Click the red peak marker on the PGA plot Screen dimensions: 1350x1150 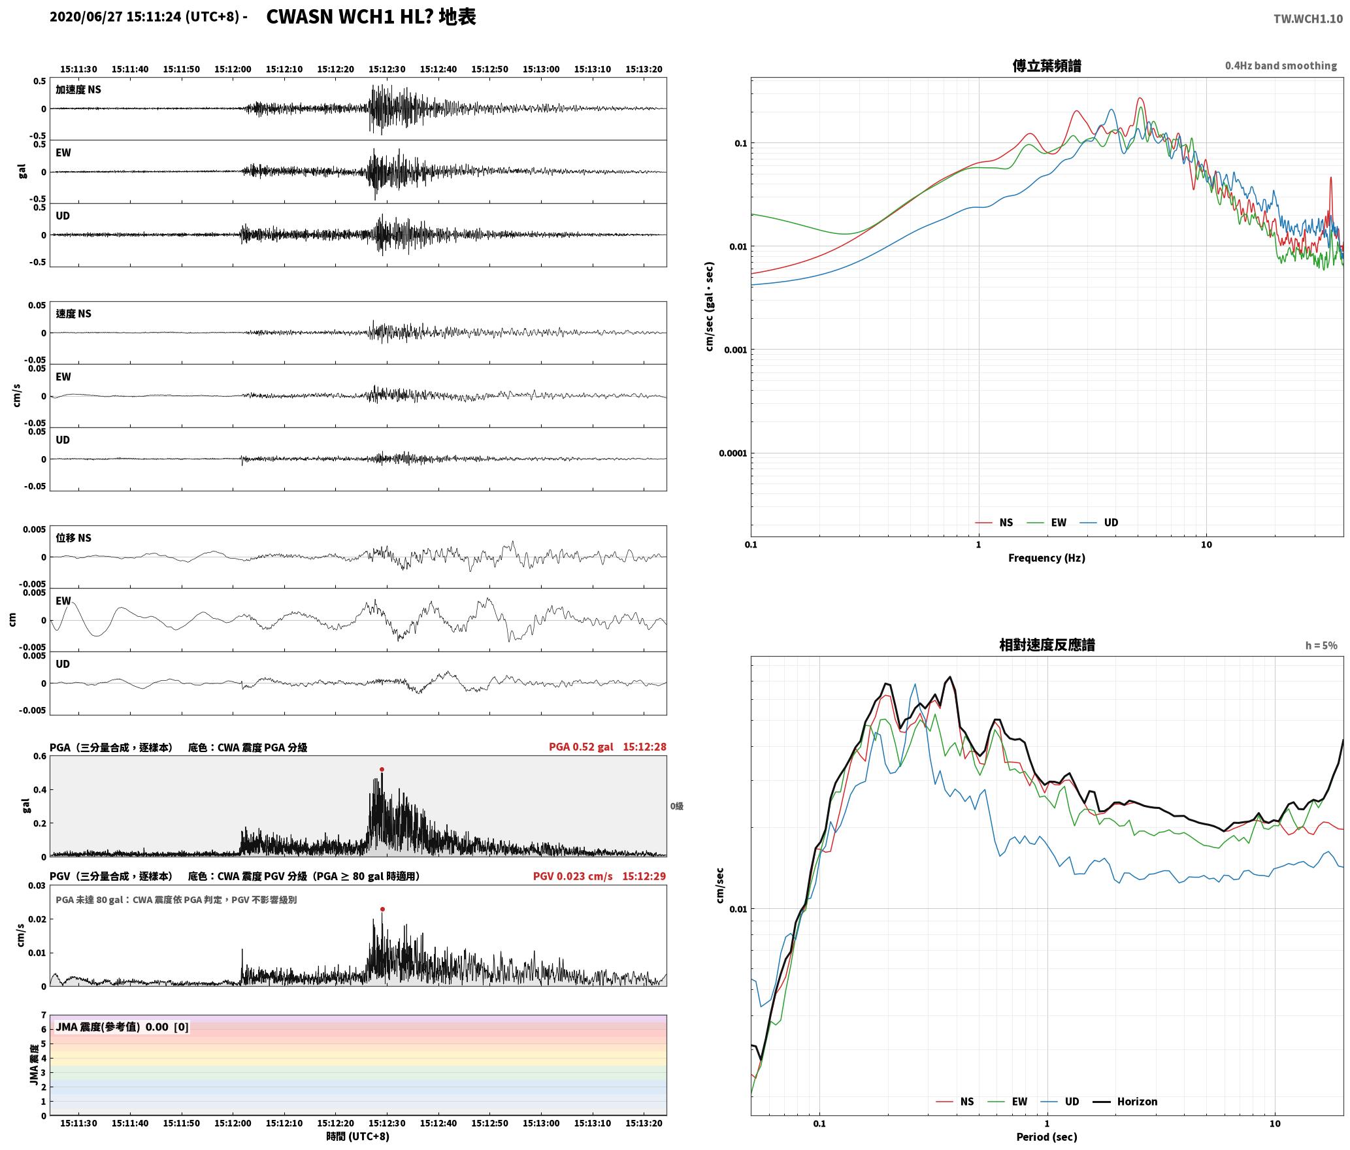[x=382, y=770]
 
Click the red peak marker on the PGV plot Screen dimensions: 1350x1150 [x=382, y=910]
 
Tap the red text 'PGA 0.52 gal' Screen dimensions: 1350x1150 [x=581, y=747]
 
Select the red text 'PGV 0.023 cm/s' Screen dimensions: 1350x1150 [x=573, y=876]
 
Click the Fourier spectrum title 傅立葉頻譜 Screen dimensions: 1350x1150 [x=1047, y=66]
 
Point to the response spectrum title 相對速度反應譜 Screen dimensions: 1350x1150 [x=1047, y=645]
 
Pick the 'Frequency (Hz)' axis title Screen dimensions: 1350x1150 [x=1047, y=558]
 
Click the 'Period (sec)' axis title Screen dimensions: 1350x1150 [x=1047, y=1137]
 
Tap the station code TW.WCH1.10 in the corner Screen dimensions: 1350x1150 [x=1308, y=19]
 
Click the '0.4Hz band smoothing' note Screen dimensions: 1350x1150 [x=1281, y=66]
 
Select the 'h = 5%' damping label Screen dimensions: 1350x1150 [x=1321, y=646]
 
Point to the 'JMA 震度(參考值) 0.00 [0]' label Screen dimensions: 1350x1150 [x=122, y=1027]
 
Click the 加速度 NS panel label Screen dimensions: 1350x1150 [x=78, y=90]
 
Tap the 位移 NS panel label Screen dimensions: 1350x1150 [x=73, y=538]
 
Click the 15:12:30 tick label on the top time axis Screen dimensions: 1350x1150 [x=387, y=69]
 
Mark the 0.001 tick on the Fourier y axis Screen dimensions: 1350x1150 [x=734, y=350]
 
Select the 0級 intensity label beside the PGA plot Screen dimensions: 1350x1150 [x=676, y=806]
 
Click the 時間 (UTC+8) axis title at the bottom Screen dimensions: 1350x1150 [x=358, y=1136]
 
